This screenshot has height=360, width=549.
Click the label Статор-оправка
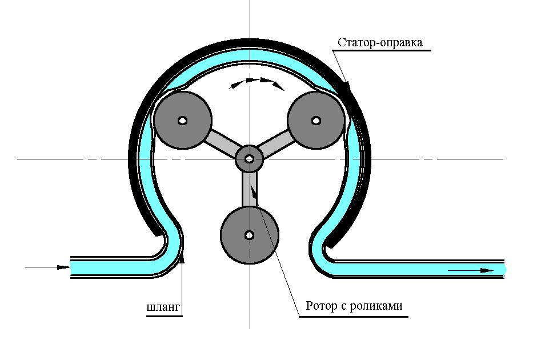380,42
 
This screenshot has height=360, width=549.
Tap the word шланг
163,307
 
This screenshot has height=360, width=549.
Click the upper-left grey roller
183,121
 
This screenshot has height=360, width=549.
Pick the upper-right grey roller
316,121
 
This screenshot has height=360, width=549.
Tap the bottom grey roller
250,235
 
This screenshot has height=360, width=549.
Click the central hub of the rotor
249,159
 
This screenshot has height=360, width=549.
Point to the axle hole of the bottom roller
250,235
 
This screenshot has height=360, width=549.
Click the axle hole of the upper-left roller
183,121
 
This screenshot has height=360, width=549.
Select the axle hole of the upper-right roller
316,121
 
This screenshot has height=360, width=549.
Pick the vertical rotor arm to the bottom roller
250,190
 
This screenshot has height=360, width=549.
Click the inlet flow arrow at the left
47,267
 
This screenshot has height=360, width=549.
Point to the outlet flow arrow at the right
471,271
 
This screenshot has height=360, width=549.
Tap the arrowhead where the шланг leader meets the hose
182,258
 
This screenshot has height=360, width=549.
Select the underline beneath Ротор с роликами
354,317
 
